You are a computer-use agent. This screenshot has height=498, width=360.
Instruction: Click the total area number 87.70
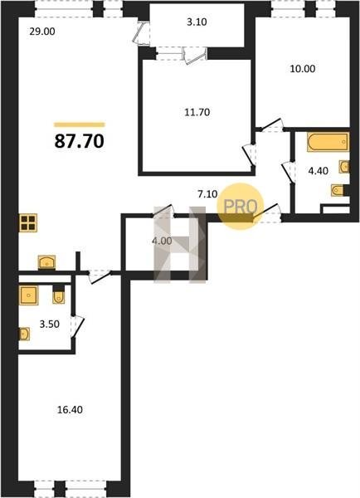click(x=80, y=141)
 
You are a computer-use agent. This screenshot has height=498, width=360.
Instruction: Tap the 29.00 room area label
click(x=42, y=32)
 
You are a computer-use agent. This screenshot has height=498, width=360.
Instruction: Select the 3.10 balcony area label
click(x=197, y=22)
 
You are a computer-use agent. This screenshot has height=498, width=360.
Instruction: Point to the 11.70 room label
click(x=197, y=112)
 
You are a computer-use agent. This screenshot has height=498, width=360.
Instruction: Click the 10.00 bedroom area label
click(x=303, y=69)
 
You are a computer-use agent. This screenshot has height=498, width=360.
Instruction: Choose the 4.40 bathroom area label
click(x=319, y=171)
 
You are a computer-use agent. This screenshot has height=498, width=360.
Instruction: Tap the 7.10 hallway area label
click(x=207, y=193)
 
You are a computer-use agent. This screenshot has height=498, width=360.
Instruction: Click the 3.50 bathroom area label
click(x=50, y=325)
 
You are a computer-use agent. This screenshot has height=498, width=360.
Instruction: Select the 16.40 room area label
click(x=70, y=410)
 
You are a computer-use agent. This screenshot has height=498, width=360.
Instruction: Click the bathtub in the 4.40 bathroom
click(x=328, y=143)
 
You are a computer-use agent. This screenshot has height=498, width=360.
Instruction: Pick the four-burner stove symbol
click(x=28, y=222)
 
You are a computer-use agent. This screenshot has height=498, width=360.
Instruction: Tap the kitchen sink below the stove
click(x=46, y=262)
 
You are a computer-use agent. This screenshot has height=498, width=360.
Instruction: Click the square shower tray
click(x=29, y=295)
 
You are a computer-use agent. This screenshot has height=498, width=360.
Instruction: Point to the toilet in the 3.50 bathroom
click(x=58, y=295)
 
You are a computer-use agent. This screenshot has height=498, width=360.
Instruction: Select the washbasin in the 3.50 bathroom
click(x=24, y=334)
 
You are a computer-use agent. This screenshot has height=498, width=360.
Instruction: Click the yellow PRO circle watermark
click(x=241, y=207)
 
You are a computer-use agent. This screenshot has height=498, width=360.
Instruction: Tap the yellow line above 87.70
click(x=80, y=124)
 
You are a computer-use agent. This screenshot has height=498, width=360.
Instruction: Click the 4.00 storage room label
click(x=162, y=241)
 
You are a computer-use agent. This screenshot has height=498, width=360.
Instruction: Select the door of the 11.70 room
click(x=249, y=155)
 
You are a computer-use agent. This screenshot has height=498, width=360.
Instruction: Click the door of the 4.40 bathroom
click(x=288, y=173)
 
